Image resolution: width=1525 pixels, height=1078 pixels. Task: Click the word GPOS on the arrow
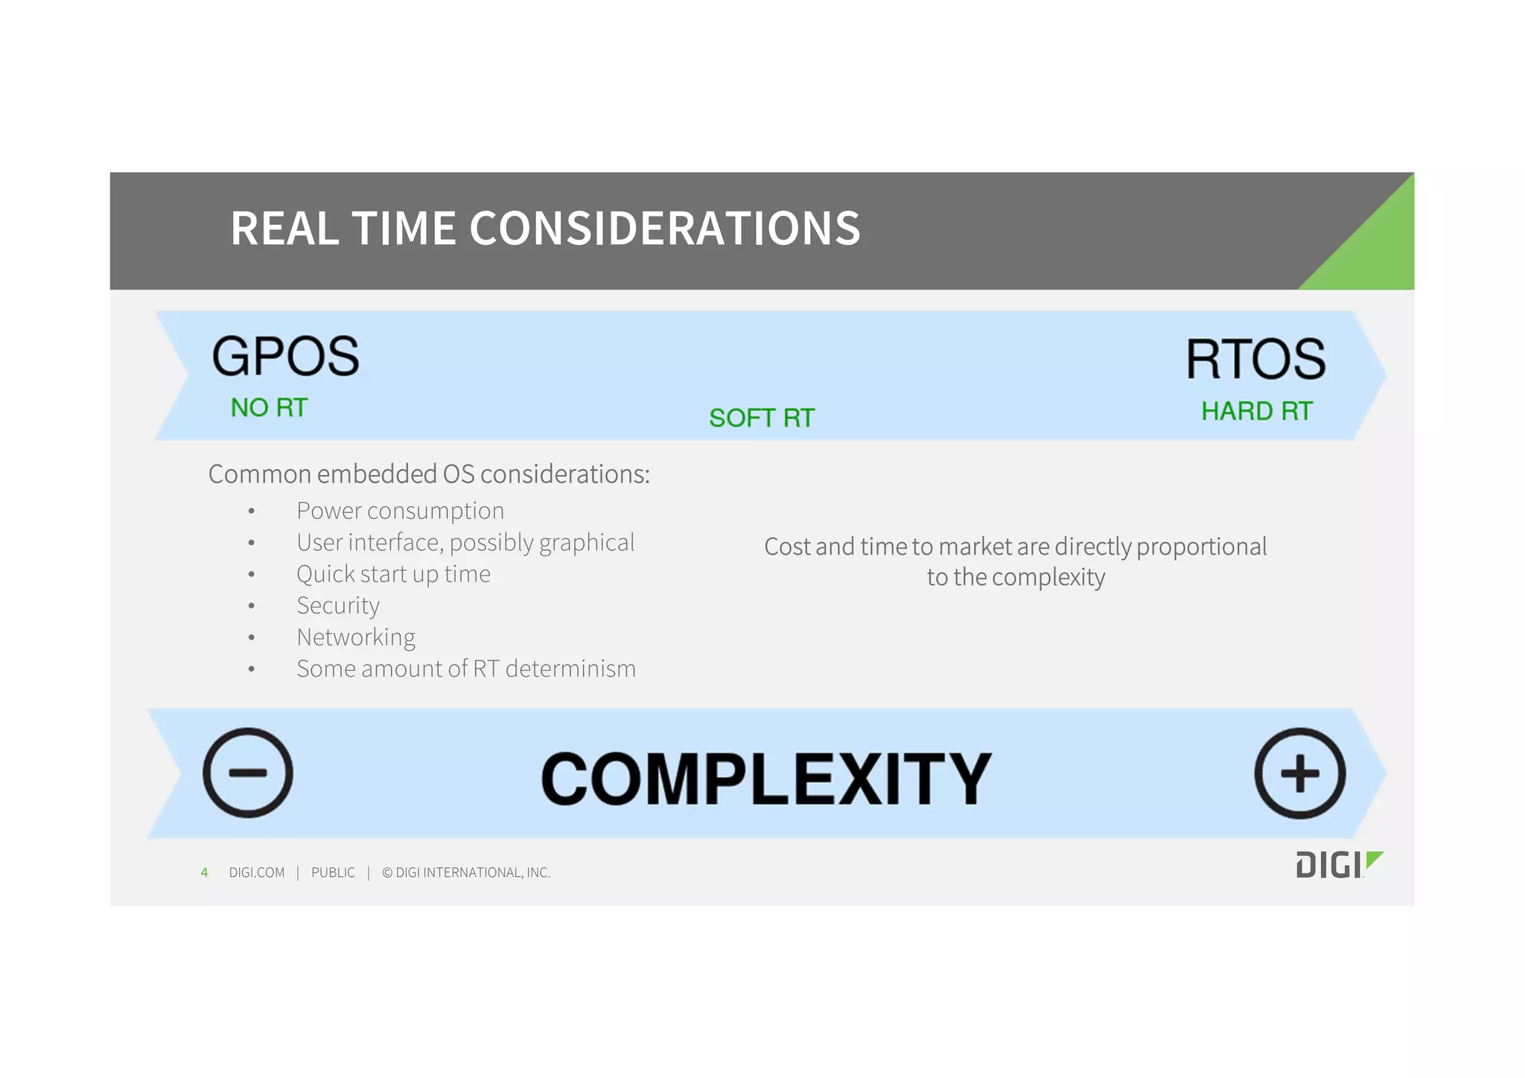[x=285, y=357]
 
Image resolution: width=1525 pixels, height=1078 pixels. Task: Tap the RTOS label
[x=1255, y=360]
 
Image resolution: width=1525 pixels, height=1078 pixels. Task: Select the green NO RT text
[x=269, y=408]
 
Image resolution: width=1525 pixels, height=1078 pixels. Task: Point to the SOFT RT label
[x=762, y=418]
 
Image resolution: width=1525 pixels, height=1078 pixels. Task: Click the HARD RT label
[x=1256, y=411]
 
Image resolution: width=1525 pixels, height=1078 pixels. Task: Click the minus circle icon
[x=248, y=773]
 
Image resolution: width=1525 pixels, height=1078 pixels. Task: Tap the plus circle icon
[x=1299, y=774]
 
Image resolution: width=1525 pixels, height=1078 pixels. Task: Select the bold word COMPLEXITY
[x=766, y=779]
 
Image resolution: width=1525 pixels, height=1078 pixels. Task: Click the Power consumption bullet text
[x=400, y=511]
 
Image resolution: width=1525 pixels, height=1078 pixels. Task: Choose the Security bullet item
[x=338, y=605]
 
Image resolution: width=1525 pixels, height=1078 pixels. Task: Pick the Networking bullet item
[x=356, y=637]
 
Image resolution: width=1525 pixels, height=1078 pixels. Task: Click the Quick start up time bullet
[x=393, y=574]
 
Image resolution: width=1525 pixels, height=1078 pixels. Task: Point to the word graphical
[x=587, y=543]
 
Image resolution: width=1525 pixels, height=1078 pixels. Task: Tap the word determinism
[x=570, y=669]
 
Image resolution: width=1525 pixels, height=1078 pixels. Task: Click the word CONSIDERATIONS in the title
[x=664, y=228]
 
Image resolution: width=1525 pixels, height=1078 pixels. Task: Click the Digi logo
[x=1338, y=864]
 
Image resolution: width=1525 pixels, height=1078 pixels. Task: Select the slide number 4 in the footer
[x=204, y=873]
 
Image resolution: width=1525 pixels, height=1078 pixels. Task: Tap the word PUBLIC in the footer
[x=333, y=873]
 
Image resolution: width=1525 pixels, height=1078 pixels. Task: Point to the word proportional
[x=1201, y=546]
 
